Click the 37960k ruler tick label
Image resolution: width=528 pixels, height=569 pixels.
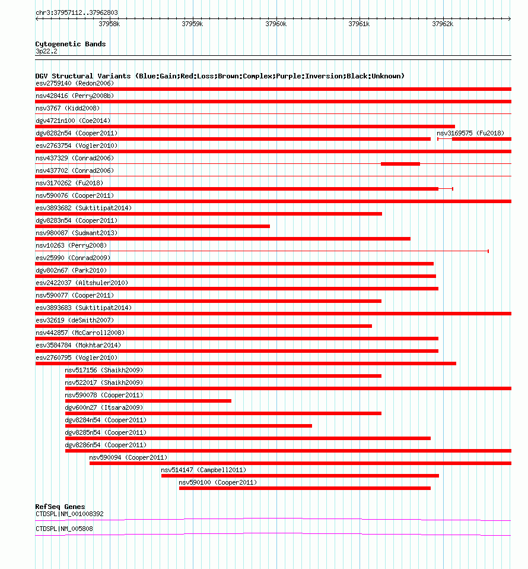(276, 24)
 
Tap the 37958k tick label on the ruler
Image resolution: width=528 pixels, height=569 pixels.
(109, 24)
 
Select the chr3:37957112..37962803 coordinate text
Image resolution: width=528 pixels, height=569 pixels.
(77, 12)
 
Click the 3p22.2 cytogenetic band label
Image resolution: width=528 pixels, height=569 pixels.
(46, 52)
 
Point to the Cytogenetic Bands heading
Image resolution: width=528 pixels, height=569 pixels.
(70, 44)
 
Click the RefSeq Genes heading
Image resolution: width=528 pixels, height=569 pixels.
(60, 507)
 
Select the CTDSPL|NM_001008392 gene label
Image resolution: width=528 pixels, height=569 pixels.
(69, 514)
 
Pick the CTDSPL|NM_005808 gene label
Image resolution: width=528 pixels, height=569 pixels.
(64, 529)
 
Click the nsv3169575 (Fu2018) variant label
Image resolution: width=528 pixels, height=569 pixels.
(470, 133)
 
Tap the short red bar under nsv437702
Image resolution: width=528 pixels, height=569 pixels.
(62, 176)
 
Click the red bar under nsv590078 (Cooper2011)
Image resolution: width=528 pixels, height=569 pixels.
(148, 401)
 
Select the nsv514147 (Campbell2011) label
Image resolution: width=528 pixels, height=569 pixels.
(203, 470)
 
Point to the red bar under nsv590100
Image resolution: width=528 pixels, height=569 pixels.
(304, 488)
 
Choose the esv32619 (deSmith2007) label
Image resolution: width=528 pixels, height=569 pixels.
(74, 320)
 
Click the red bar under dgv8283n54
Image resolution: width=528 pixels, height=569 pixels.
(152, 226)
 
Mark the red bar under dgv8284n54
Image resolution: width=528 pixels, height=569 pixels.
(189, 426)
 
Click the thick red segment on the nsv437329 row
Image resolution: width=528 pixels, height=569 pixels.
(400, 164)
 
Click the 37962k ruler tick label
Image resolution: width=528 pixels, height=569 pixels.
(443, 24)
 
